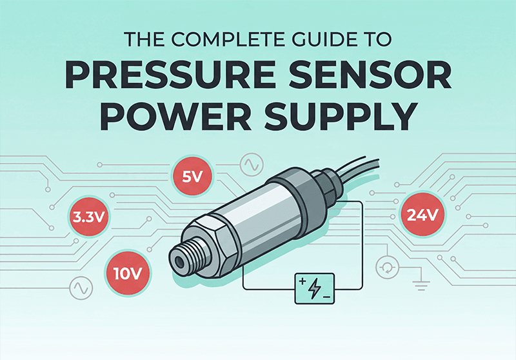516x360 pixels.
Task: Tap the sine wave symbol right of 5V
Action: click(250, 166)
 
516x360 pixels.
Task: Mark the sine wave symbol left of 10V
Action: click(82, 285)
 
